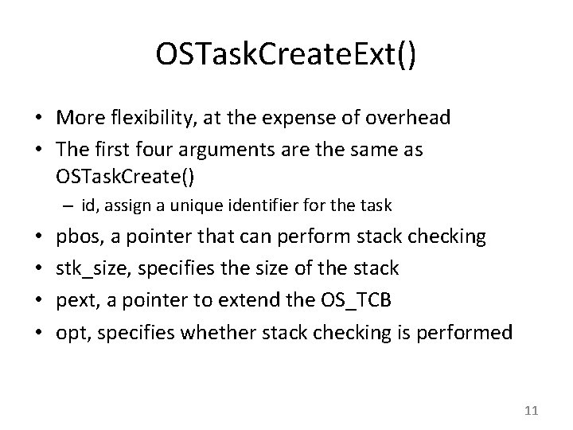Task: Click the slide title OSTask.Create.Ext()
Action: coord(286,57)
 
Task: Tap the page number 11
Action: coord(532,411)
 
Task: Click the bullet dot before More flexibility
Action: coord(39,119)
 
